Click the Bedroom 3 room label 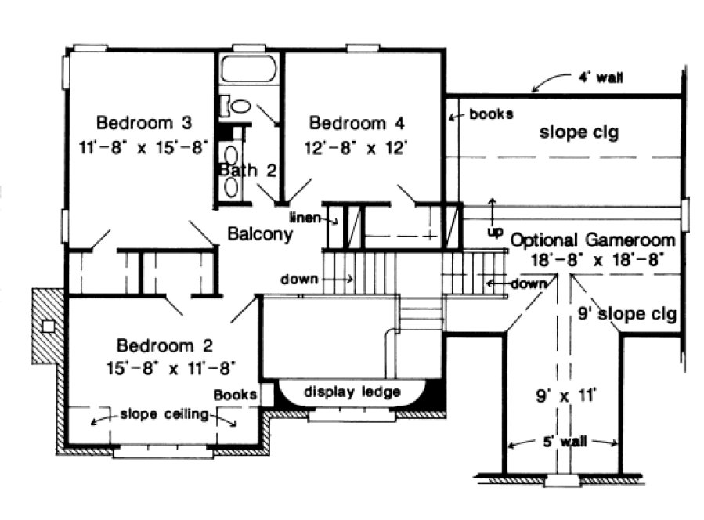(x=143, y=123)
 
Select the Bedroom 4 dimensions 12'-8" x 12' (x=359, y=147)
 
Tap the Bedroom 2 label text (x=164, y=345)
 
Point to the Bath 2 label (x=247, y=170)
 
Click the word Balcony (x=260, y=233)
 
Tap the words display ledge (x=352, y=392)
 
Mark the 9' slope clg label (x=626, y=315)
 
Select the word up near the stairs (x=494, y=233)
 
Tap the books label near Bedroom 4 (x=491, y=114)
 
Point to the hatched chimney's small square (x=49, y=325)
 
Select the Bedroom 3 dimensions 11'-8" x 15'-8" (x=143, y=147)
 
